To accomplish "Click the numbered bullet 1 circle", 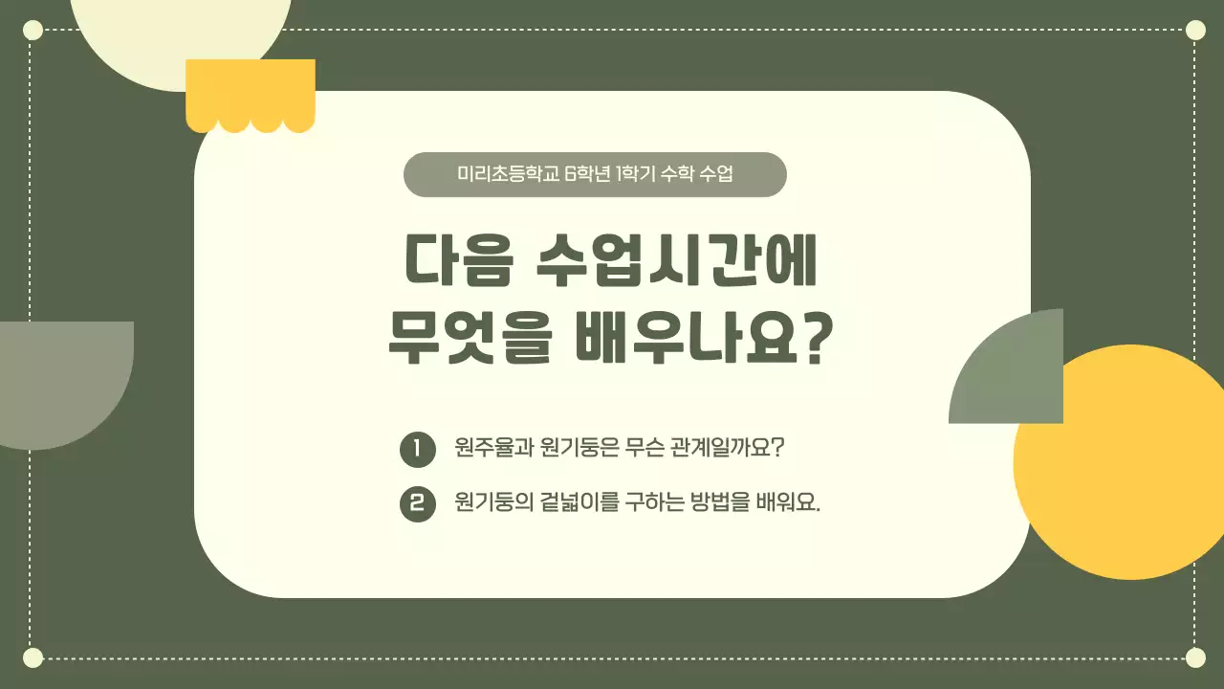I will [417, 449].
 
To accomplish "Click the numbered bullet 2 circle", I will [417, 503].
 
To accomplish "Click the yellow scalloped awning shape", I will [250, 94].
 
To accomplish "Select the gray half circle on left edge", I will [62, 378].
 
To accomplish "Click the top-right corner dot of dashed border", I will [1195, 30].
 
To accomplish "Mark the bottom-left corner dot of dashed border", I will [33, 657].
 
